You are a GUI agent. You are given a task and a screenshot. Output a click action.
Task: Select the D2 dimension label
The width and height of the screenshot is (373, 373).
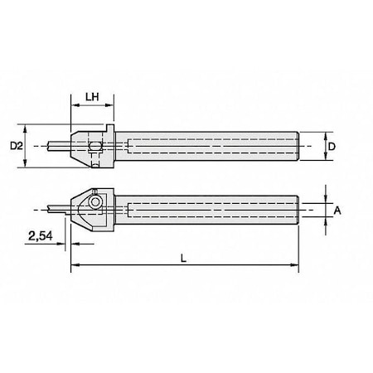point(15,147)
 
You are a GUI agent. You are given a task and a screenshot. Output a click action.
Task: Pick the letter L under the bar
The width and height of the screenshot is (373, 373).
point(184,258)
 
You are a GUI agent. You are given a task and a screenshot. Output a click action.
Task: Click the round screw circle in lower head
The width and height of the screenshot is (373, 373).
point(96,201)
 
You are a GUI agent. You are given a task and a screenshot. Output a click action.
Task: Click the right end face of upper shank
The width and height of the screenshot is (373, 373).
point(297,146)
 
